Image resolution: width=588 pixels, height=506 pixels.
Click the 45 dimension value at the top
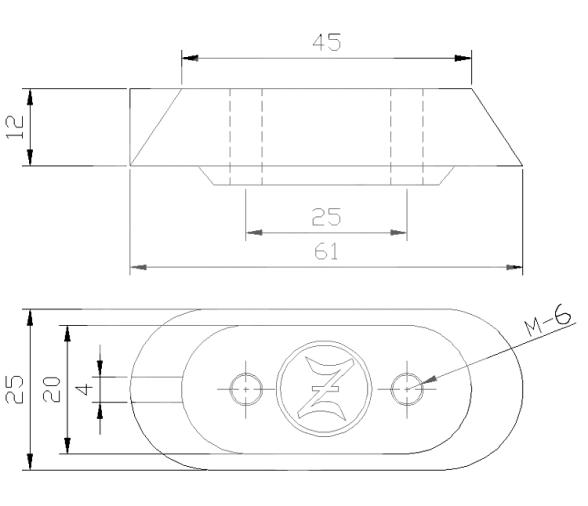[326, 42]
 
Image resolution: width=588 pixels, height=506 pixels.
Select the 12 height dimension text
[15, 127]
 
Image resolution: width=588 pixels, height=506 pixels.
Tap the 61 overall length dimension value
[326, 252]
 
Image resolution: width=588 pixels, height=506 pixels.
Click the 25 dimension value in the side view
[326, 217]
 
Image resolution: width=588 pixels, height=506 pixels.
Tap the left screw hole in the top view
[244, 387]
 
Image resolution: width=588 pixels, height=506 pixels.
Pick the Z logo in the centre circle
[325, 388]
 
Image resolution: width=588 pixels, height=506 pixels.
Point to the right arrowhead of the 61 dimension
[515, 267]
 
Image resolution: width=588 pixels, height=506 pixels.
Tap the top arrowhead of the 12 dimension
[31, 96]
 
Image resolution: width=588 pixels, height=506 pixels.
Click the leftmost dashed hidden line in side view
[230, 135]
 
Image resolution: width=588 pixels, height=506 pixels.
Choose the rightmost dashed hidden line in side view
[423, 135]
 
